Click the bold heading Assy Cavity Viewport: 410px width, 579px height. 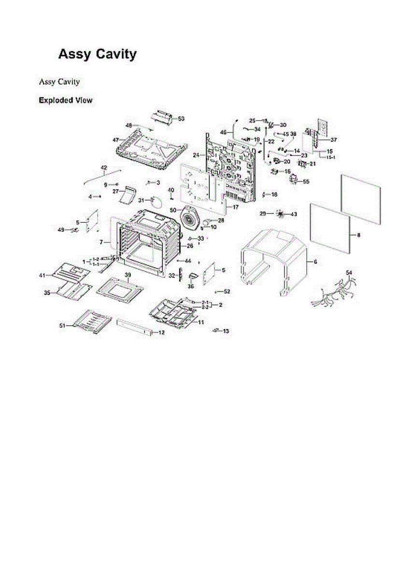(x=97, y=54)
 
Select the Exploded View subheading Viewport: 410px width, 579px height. (x=66, y=101)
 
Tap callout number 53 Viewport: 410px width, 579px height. (x=181, y=118)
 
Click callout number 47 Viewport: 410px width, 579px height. (x=116, y=140)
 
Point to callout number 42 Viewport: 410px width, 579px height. (x=104, y=167)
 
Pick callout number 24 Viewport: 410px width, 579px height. (x=196, y=155)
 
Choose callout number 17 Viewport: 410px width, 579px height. (x=236, y=207)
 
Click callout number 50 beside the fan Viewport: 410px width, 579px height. (x=172, y=210)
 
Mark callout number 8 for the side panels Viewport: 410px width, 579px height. (x=358, y=235)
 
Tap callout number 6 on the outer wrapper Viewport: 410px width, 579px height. (x=315, y=262)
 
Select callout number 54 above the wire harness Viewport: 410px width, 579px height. (x=350, y=273)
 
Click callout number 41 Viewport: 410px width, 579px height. (x=42, y=275)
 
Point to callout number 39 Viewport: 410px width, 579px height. (x=128, y=275)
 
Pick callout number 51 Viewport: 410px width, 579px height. (x=62, y=326)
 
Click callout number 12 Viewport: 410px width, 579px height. (x=161, y=332)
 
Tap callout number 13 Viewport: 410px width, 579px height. (x=226, y=331)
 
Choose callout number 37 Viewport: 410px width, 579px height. (x=334, y=140)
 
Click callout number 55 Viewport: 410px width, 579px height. (x=306, y=182)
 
